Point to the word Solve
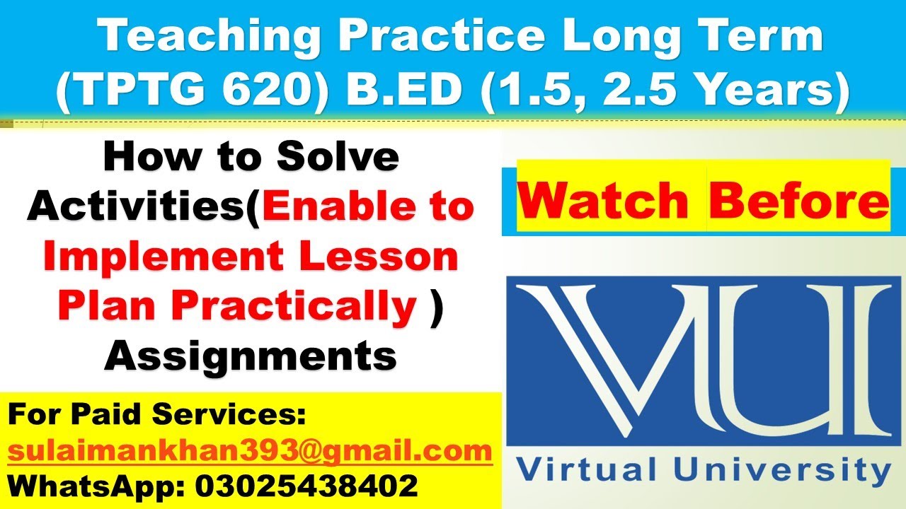tap(336, 159)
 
